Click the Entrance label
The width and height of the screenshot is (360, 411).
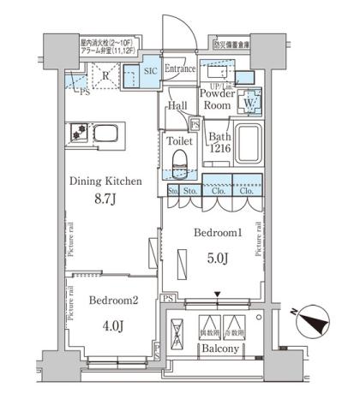[x=181, y=69]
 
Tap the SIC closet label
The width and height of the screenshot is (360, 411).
[x=148, y=71]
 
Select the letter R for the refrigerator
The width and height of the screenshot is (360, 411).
[x=105, y=76]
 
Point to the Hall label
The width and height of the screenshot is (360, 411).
[x=177, y=105]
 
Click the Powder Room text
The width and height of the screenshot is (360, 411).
[x=217, y=99]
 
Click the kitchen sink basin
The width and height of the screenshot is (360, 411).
[x=110, y=134]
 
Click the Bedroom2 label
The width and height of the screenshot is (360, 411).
[x=111, y=300]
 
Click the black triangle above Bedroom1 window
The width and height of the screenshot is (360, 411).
[x=217, y=295]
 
